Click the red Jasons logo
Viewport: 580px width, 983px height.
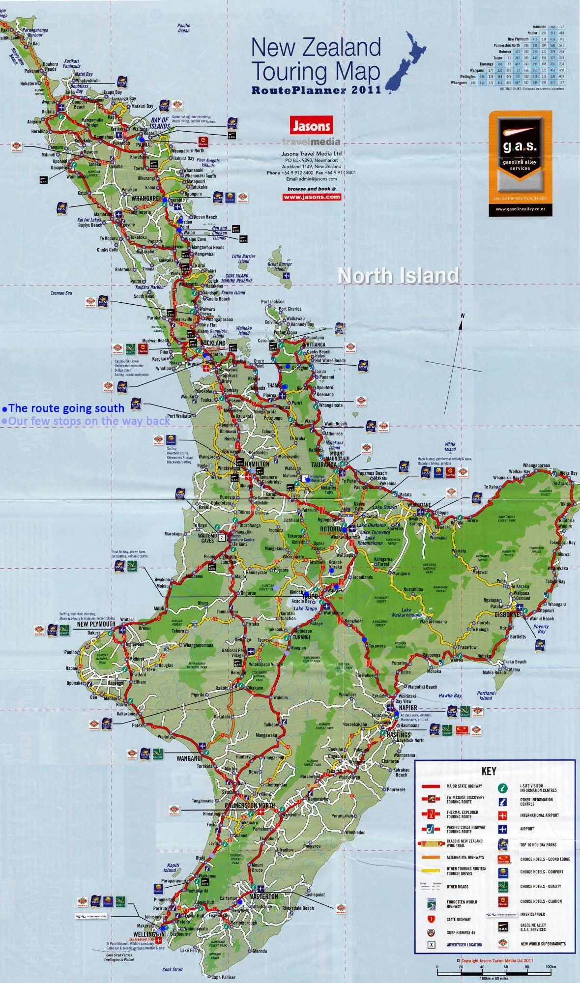point(311,125)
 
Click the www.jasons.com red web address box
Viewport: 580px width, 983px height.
point(311,197)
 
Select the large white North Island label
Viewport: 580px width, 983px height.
point(398,276)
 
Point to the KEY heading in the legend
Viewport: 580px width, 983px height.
point(489,771)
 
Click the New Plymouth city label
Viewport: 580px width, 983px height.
point(96,624)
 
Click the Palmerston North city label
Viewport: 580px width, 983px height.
point(249,806)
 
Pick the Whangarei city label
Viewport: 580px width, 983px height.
point(146,198)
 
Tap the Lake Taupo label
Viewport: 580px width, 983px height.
point(305,608)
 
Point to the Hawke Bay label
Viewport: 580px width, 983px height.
point(450,695)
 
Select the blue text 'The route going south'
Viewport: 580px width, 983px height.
point(66,408)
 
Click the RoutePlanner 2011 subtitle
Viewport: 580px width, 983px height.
point(316,90)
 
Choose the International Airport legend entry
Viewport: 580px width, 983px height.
point(539,815)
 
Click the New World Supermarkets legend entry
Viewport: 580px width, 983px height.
point(543,944)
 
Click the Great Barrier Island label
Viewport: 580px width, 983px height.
point(280,266)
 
